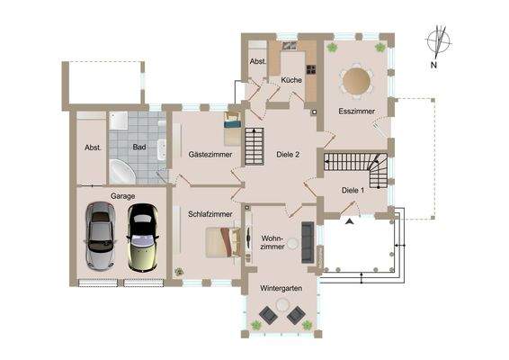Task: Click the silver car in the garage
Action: coord(99,237)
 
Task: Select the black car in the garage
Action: coord(140,237)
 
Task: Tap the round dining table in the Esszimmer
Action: coord(357,80)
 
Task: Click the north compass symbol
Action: coord(438,46)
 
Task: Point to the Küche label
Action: coord(290,81)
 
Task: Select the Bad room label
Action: coord(139,146)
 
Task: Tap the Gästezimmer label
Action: coord(210,155)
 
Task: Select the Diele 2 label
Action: coord(285,155)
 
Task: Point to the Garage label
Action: coord(122,195)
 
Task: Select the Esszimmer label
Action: coord(356,112)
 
